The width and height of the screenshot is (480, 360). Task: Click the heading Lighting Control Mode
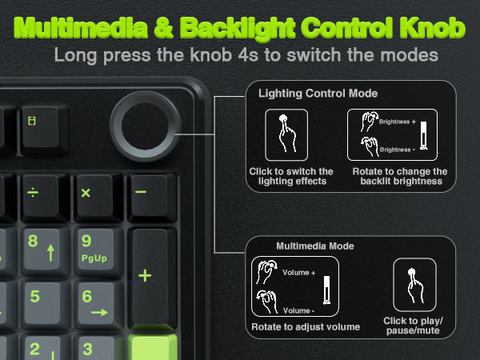318,94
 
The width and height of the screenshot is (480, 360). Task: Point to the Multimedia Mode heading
314,246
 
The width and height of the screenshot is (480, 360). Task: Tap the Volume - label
298,310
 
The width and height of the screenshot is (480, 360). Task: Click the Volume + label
298,273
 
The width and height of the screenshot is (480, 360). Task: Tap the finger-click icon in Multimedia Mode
414,284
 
